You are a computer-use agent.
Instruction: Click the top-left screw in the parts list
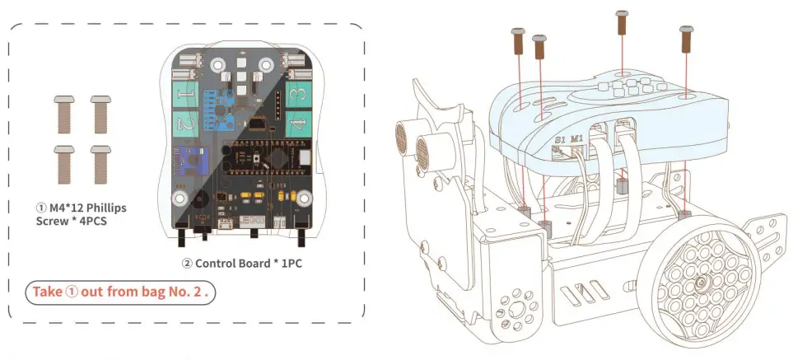63,113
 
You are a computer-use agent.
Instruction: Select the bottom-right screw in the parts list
100,162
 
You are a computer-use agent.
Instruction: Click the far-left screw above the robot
520,44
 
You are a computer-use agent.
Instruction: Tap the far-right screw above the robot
685,42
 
